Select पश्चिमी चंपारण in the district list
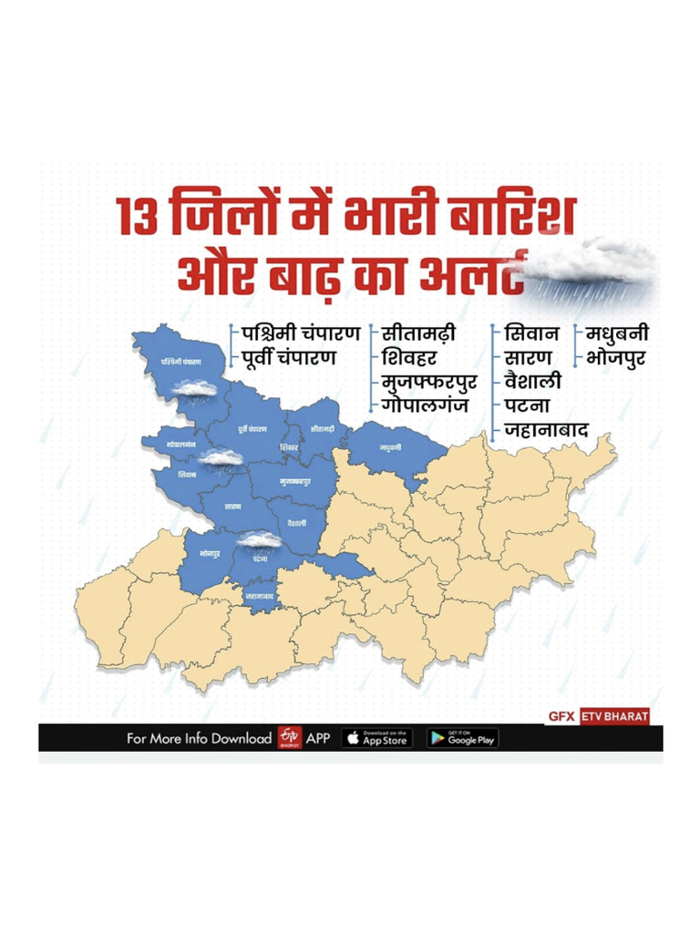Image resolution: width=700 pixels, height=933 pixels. pos(296,332)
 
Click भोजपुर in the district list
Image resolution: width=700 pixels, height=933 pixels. pos(616,356)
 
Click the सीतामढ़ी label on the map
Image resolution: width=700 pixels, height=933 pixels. pos(322,427)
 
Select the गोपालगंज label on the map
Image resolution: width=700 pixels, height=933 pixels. pos(182,443)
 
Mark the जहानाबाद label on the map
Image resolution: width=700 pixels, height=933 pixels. pos(260,596)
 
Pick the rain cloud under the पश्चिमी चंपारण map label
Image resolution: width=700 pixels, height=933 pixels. pos(194,389)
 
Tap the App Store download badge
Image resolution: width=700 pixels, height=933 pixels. pos(377,738)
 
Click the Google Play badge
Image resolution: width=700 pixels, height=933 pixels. pos(462,738)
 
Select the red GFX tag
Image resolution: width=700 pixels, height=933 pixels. pos(561,716)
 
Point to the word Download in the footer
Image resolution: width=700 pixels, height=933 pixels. pos(241,739)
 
